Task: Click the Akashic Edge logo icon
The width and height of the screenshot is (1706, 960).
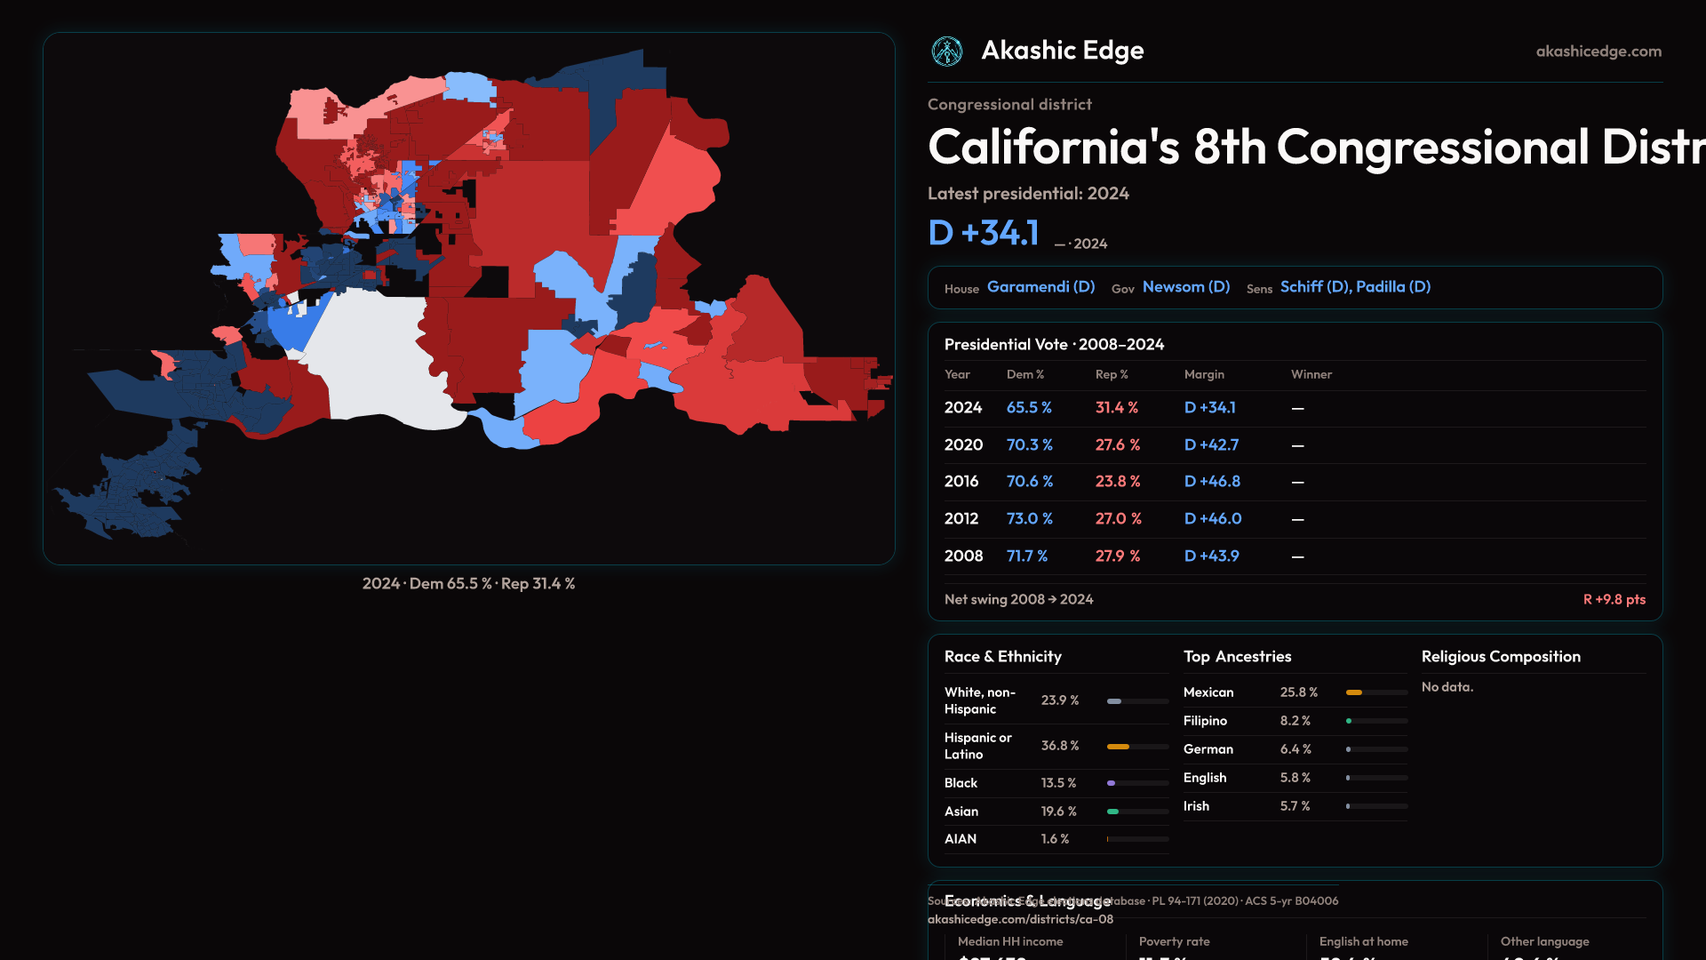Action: (946, 52)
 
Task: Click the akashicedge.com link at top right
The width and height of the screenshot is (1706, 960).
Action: (1598, 52)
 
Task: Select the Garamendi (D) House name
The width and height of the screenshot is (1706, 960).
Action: (1040, 287)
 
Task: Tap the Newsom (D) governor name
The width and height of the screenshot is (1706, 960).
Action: (1185, 287)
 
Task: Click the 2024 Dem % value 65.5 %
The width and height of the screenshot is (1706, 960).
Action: (1029, 408)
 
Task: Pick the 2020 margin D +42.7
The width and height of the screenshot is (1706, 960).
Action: (1211, 445)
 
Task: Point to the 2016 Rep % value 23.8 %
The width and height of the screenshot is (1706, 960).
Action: (1118, 482)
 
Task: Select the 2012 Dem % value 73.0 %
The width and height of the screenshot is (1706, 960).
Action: (1029, 519)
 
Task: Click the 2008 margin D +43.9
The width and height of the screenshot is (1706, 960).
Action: (1211, 556)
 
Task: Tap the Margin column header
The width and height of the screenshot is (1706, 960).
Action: (1204, 375)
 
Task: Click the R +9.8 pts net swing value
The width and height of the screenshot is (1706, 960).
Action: (1614, 600)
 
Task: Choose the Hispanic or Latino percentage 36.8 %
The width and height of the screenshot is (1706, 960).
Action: (1060, 746)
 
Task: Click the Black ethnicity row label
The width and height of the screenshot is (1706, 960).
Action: (961, 783)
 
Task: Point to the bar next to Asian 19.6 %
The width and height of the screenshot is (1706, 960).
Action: (1137, 812)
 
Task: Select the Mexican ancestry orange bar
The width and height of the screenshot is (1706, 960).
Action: (1354, 692)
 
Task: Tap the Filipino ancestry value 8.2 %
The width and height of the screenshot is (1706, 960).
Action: (1295, 721)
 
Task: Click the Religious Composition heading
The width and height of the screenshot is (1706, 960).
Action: (1501, 657)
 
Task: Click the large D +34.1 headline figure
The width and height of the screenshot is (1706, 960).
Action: (983, 233)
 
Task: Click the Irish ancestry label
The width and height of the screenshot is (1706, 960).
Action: (1196, 806)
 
